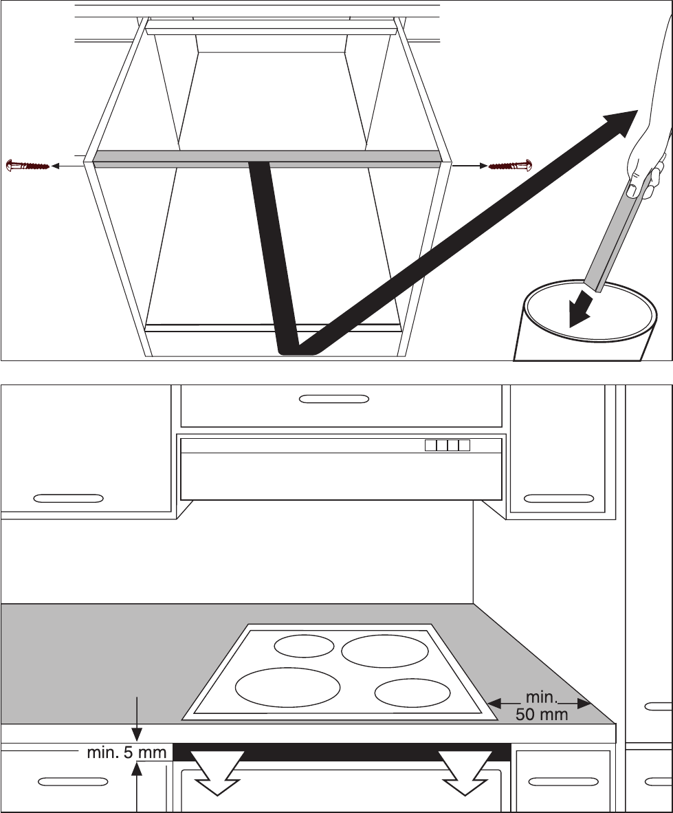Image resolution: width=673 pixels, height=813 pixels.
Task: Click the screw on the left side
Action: tap(27, 166)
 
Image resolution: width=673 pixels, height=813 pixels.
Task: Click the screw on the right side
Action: tap(509, 166)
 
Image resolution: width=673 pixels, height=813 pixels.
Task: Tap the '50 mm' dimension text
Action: tap(542, 714)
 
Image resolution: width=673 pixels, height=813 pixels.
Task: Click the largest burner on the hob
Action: tap(288, 687)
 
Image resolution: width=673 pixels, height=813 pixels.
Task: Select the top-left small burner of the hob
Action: tap(304, 646)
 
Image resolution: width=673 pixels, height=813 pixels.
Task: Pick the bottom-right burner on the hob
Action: tap(412, 693)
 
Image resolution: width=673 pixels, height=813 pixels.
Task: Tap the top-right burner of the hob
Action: tap(385, 651)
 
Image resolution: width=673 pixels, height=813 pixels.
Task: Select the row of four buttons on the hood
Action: tap(447, 445)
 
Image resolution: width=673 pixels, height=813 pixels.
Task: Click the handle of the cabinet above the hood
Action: tap(334, 399)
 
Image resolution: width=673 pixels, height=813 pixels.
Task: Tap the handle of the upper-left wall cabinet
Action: tap(68, 497)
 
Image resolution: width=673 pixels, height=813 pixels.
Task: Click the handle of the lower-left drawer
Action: tap(72, 781)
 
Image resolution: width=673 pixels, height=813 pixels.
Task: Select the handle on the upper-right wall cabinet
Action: tap(559, 497)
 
